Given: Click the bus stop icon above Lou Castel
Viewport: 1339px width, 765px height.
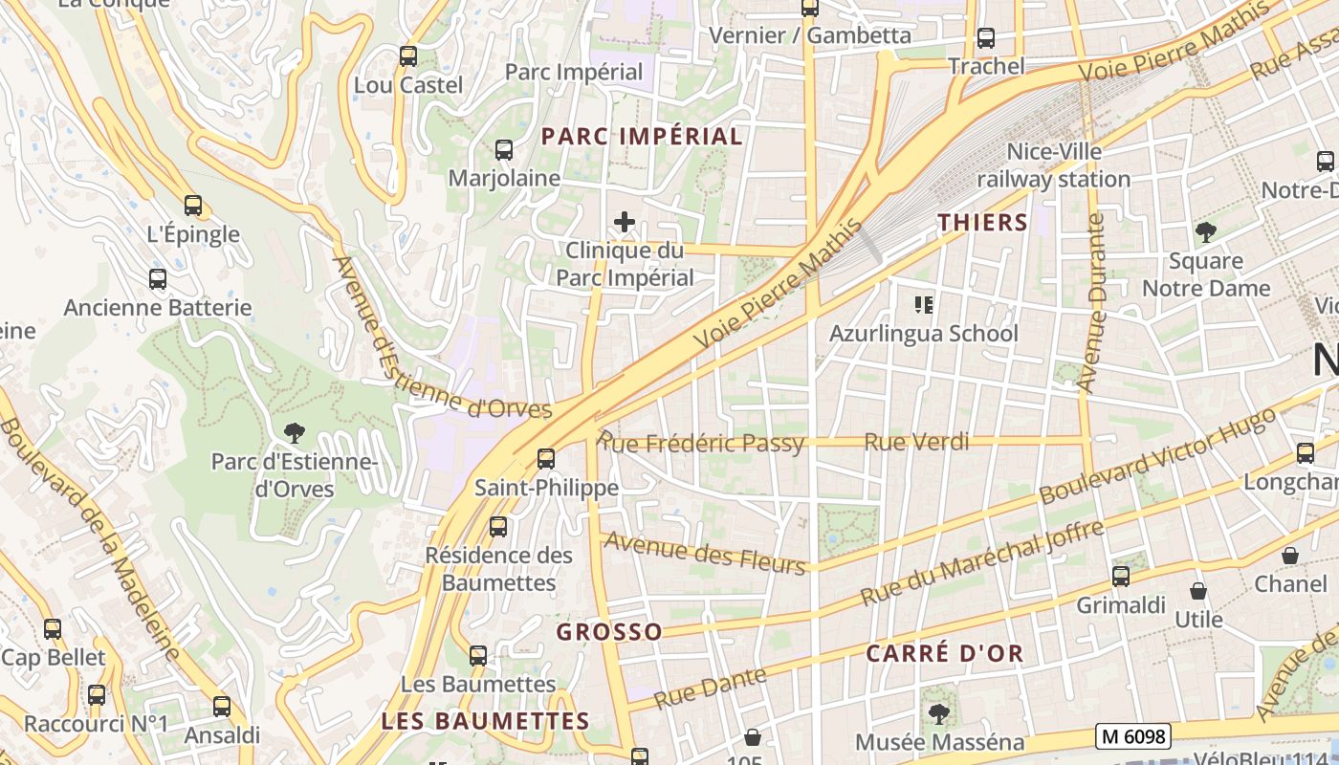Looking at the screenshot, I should click(408, 56).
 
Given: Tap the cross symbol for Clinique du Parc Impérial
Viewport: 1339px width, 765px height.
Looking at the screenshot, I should click(625, 223).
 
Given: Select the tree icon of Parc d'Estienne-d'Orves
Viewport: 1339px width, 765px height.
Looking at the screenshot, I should click(295, 433).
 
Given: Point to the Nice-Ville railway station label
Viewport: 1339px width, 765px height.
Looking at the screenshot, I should click(1053, 165).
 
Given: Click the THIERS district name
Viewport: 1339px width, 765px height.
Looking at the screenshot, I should click(982, 223).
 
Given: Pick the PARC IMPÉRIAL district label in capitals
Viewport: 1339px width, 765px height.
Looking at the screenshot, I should click(642, 136).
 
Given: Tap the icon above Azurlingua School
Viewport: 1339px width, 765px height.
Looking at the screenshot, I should click(924, 305).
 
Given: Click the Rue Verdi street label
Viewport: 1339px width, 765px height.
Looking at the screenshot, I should click(916, 442).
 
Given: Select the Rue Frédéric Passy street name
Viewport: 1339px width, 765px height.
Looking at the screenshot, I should click(702, 443).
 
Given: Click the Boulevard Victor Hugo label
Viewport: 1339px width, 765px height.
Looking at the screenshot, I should click(1157, 455).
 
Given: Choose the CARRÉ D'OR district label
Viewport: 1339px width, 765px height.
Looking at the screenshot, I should click(944, 654).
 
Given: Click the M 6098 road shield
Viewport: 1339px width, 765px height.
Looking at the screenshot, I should click(1133, 735).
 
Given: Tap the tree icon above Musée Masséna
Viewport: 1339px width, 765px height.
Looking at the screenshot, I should click(939, 713).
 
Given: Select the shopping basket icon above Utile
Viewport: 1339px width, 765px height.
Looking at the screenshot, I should click(1197, 591).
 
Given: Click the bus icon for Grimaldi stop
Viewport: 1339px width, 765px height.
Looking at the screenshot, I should click(1121, 577).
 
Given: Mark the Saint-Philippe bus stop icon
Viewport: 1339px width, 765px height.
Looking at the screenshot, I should click(546, 459).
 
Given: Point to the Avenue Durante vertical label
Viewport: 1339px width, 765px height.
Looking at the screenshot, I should click(1091, 303).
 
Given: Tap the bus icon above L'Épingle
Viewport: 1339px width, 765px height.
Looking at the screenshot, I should click(193, 205).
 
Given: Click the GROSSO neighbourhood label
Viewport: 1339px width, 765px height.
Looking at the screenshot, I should click(608, 632).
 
